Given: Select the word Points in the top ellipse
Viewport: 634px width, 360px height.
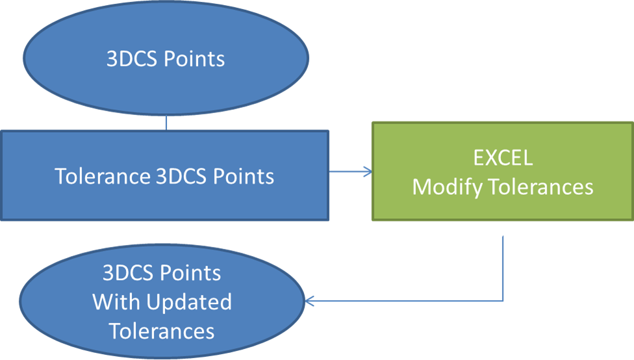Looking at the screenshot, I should pos(194,59).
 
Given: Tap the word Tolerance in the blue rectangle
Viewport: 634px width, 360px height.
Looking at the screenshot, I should pos(103,176).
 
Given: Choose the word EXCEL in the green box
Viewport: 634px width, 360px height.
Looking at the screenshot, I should pos(502,158).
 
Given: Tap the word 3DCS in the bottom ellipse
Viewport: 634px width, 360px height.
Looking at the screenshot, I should pos(128,273).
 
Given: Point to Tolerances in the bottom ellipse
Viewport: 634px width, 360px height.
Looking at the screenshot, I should pos(162,331).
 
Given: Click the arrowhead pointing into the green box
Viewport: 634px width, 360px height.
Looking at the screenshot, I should pos(368,172).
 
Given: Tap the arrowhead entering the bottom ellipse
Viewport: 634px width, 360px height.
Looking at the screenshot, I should pos(310,302).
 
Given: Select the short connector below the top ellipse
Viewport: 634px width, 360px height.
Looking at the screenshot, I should pos(166,123).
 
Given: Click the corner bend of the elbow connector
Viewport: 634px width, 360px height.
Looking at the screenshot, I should pos(503,301).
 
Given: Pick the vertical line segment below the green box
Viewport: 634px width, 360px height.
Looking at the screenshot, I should pos(503,266).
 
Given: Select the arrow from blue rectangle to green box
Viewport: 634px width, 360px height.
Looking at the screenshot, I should pos(349,172).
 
